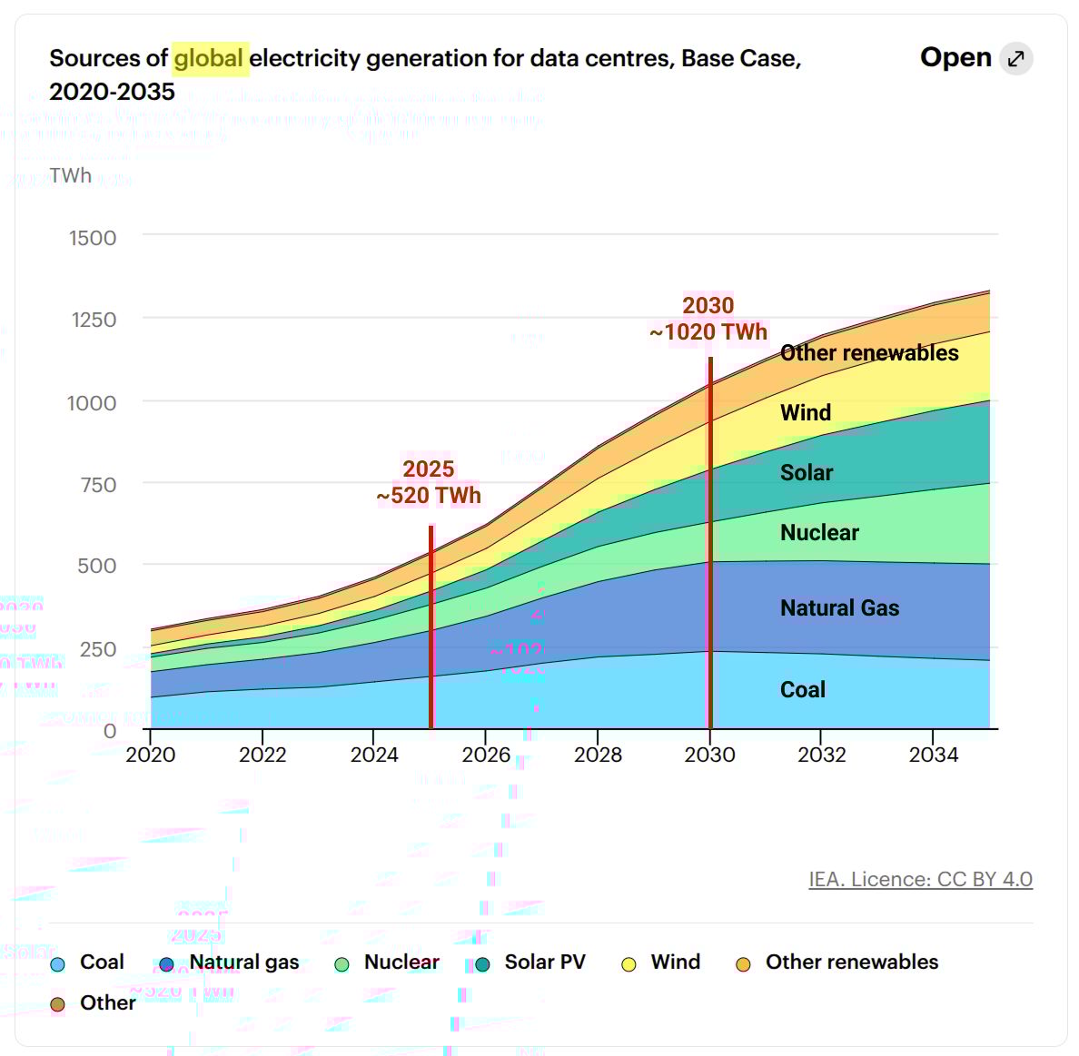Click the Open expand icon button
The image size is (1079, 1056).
click(x=1015, y=59)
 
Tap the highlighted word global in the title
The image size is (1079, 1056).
click(x=209, y=59)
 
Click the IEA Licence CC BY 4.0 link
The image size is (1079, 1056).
click(x=920, y=879)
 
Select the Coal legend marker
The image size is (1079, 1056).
click(x=58, y=964)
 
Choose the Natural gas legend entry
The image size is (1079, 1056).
click(x=243, y=962)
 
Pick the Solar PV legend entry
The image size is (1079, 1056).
click(x=544, y=962)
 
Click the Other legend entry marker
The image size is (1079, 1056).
click(x=58, y=1004)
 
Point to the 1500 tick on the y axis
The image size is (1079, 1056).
click(x=93, y=238)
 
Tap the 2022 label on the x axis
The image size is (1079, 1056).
click(x=262, y=755)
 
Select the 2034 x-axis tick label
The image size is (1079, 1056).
click(x=934, y=755)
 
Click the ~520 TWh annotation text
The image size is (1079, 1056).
click(x=429, y=496)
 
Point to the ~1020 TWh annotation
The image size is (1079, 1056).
click(x=708, y=332)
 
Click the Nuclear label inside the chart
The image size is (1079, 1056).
click(x=819, y=533)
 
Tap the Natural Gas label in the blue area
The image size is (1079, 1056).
click(x=839, y=608)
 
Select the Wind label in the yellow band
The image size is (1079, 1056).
click(x=806, y=413)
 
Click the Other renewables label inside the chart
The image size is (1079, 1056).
click(x=869, y=353)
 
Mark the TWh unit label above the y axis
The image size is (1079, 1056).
click(x=71, y=175)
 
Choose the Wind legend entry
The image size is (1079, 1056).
click(x=675, y=962)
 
